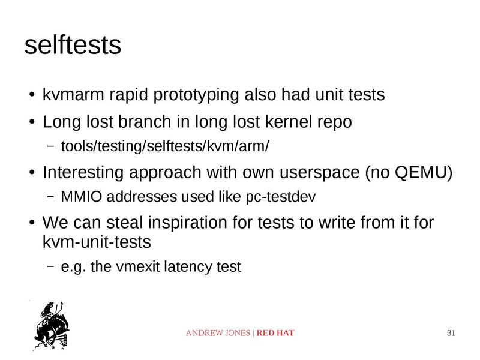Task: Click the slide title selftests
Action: pos(73,46)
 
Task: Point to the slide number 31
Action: pos(452,332)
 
